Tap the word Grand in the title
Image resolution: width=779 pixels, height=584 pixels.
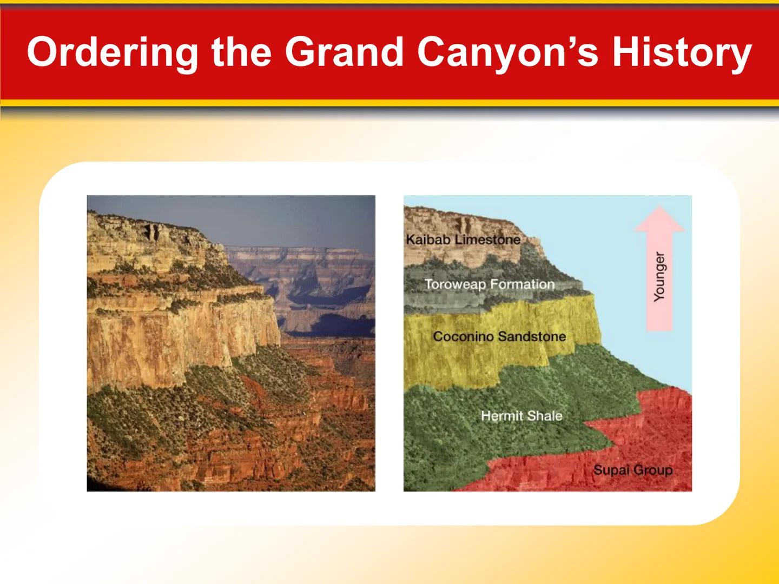[344, 52]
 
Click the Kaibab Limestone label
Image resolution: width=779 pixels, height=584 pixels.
[463, 240]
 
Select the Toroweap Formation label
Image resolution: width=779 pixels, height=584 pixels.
[490, 284]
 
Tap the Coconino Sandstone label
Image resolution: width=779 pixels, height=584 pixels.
[499, 336]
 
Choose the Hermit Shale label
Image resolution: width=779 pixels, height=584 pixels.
[521, 416]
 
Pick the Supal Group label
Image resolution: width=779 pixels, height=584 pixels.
[632, 470]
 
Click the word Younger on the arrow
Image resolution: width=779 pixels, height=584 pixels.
[659, 276]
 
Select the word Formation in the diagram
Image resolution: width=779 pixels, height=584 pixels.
[522, 284]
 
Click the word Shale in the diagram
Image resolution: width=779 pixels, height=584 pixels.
[545, 416]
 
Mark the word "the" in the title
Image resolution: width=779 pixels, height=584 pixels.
[241, 52]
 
